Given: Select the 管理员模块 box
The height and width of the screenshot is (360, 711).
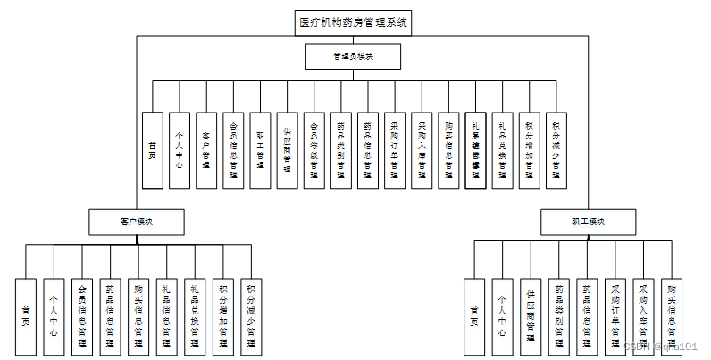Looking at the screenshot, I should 354,56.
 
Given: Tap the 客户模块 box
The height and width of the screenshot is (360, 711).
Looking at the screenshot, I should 137,221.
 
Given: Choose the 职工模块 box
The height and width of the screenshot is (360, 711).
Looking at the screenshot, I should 589,221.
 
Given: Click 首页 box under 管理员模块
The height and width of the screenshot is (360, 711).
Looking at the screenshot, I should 153,150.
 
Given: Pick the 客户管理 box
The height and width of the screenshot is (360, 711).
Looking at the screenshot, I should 206,150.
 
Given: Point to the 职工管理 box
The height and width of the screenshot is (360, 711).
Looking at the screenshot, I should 260,150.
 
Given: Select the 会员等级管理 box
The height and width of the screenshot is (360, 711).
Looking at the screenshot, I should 314,150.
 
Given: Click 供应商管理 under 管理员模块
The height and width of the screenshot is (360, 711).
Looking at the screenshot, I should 287,150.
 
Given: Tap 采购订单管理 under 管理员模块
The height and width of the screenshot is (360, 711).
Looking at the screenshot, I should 394,150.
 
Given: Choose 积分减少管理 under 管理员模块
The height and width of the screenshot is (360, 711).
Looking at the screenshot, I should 556,150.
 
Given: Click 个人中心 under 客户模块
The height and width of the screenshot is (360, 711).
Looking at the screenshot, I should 54,315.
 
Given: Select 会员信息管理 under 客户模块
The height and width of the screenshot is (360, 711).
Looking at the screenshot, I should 82,315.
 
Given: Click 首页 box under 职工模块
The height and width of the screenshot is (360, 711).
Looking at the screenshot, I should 473,315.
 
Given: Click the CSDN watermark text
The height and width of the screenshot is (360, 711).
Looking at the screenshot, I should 660,346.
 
